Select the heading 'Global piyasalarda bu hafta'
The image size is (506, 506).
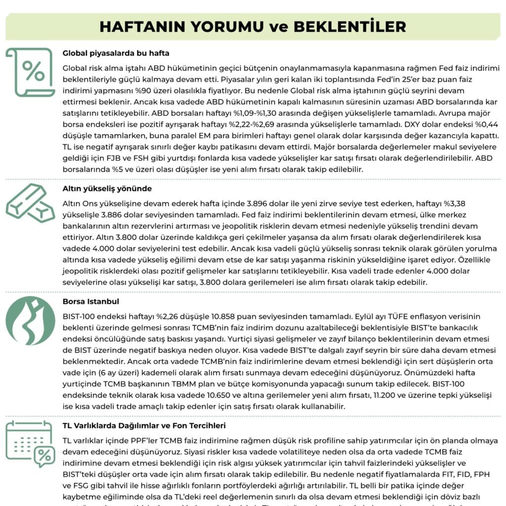[116, 53]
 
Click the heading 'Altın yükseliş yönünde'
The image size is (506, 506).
[107, 188]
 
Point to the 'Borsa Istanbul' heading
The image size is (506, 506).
[91, 301]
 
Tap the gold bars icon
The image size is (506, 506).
[30, 203]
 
